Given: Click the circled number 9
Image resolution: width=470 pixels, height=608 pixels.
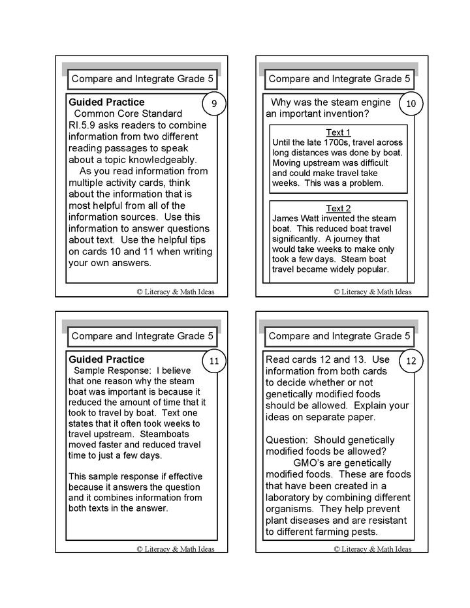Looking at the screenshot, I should coord(215,104).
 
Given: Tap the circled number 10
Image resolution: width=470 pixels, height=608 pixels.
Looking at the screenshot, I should coord(411,104).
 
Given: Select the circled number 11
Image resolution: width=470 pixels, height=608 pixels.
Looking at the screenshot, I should coord(215,361).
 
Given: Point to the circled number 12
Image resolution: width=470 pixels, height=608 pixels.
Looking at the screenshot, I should coord(411,361).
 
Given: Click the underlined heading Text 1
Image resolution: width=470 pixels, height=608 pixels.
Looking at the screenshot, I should coord(338,132).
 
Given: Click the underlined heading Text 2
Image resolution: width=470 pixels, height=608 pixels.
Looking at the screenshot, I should coord(338,209).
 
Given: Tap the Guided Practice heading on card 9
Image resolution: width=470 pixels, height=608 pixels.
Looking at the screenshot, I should coord(106,102).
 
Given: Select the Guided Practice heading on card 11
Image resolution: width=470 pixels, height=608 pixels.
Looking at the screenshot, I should coord(106,359).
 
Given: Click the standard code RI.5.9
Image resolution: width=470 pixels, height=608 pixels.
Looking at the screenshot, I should coord(84,125).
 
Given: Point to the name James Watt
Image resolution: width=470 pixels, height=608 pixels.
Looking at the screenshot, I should coord(296,219).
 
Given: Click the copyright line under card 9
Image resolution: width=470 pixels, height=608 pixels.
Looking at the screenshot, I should coord(176,292).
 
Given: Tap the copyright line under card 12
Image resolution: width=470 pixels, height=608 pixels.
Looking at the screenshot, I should coord(373,549).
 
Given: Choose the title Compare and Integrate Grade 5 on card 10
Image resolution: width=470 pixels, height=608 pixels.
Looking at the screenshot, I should coord(339,79).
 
